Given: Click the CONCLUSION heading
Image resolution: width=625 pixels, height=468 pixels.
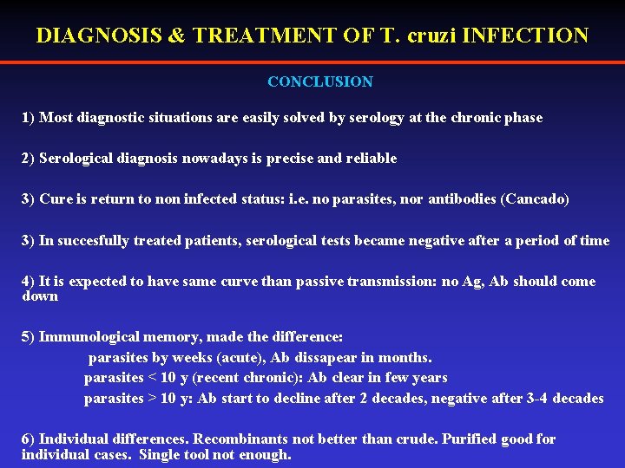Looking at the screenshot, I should click(320, 82).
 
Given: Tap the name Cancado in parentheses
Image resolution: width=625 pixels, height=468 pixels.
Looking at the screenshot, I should click(535, 199).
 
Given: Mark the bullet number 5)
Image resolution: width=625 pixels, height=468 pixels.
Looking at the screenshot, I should click(29, 336).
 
